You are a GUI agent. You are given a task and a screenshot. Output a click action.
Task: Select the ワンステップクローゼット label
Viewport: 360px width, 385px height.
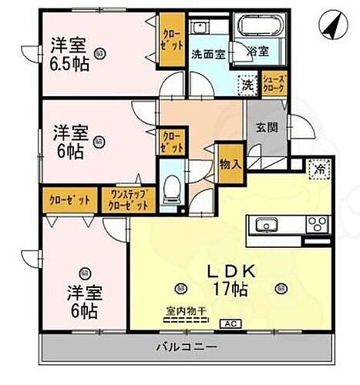130,200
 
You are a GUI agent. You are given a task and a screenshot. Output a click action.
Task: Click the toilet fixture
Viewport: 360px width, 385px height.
174,186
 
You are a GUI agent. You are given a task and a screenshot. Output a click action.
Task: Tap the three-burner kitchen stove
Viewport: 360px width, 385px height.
316,226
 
